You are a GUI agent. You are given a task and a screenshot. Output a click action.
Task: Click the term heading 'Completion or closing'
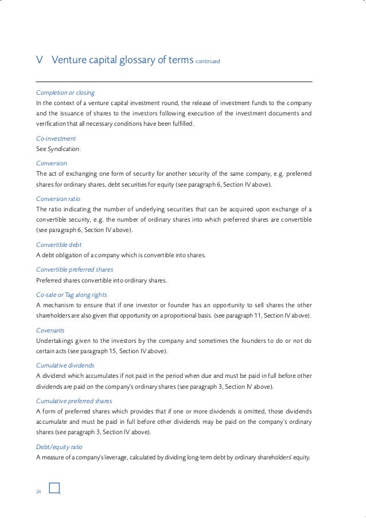[x=65, y=92]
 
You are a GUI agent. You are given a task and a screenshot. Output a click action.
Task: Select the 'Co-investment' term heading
[x=56, y=139]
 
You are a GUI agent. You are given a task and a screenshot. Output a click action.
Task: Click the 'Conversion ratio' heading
[x=58, y=199]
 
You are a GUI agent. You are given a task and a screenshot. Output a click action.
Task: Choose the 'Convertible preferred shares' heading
[x=75, y=269]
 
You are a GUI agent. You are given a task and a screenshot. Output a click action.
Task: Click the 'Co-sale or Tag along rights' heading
[x=72, y=295]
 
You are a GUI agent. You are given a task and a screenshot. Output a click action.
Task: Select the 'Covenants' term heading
[x=50, y=331]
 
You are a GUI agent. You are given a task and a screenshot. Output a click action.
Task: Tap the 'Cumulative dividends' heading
[x=65, y=365]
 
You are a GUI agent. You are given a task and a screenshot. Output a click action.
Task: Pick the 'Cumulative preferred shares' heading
[x=74, y=401]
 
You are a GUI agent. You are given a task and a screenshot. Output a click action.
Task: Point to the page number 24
[x=39, y=492]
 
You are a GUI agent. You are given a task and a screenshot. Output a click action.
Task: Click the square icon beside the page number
[x=55, y=488]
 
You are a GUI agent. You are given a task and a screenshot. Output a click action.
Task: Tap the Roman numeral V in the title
[x=38, y=61]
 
